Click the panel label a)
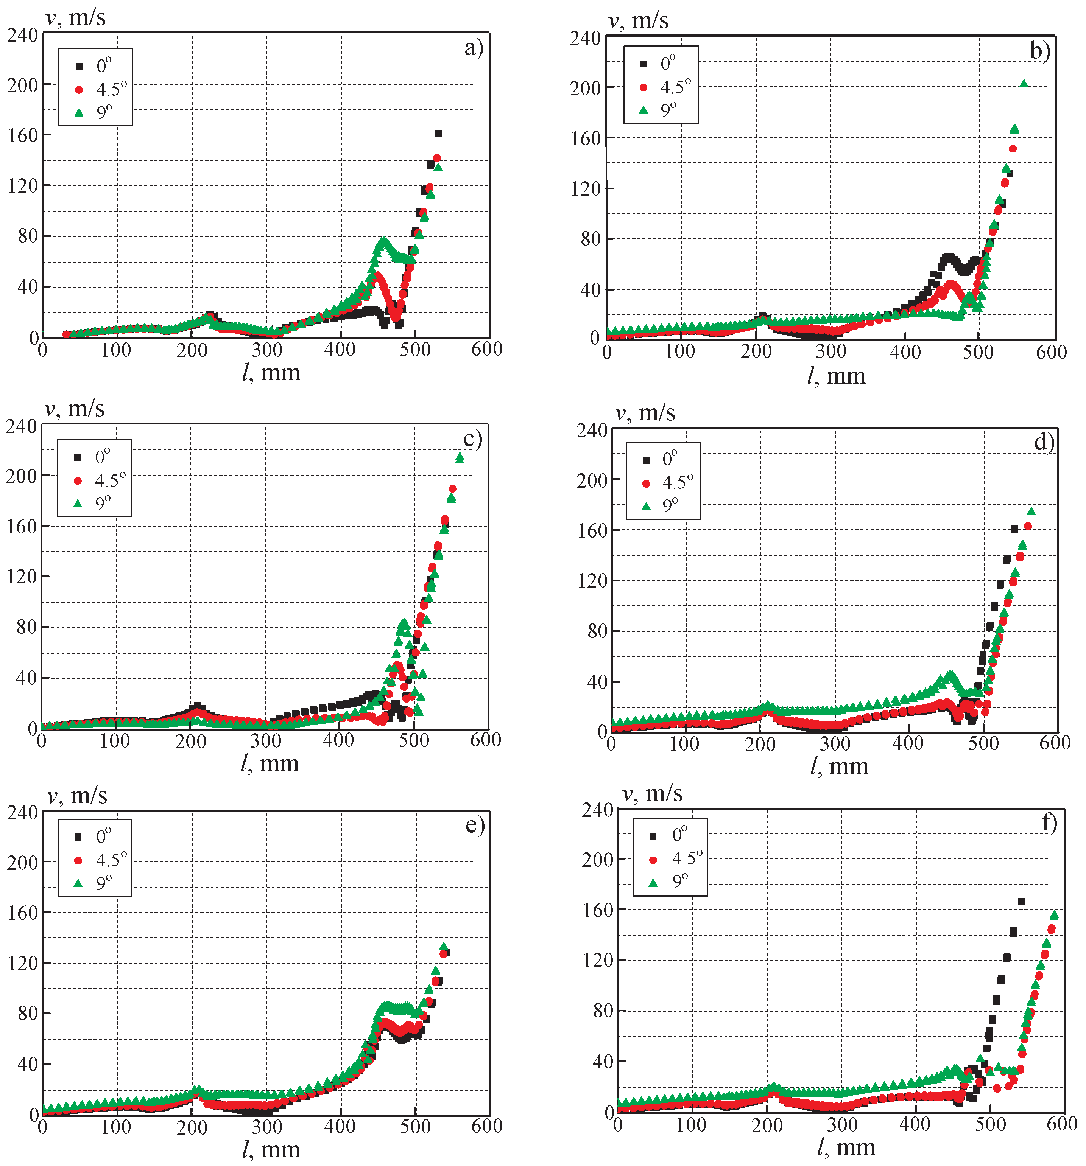click(473, 48)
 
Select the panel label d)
click(1044, 441)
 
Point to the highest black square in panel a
click(438, 134)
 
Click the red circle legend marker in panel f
click(653, 860)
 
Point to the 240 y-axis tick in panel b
click(585, 39)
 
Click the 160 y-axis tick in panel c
click(21, 526)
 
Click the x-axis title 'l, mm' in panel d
click(839, 766)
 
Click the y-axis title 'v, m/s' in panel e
click(78, 796)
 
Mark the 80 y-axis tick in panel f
click(603, 1010)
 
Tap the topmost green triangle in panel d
click(1031, 512)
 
